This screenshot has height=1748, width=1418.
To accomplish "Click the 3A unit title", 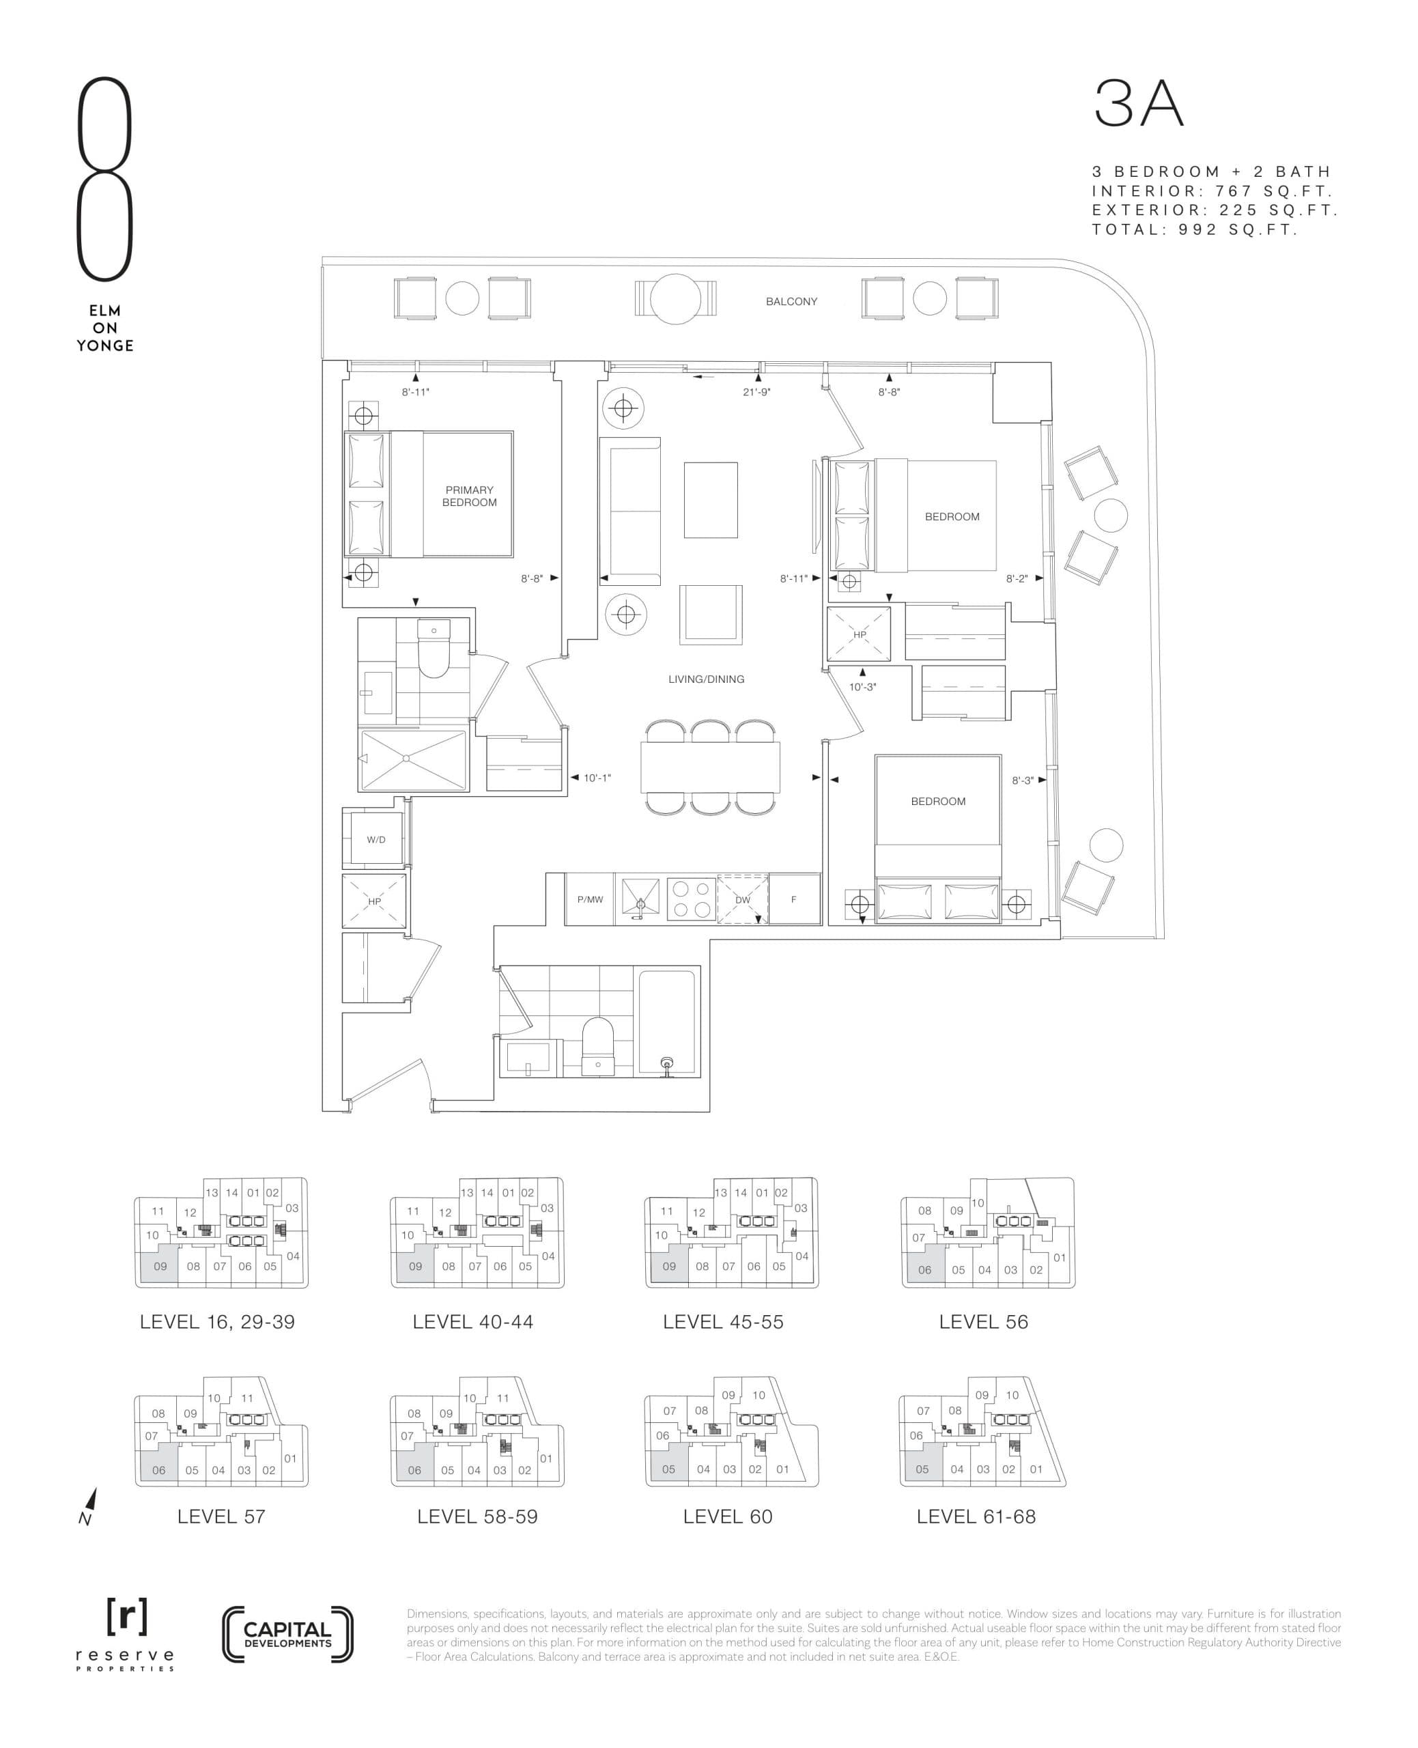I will pyautogui.click(x=1139, y=104).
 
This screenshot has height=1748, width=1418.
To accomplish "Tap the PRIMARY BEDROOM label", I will pyautogui.click(x=469, y=496).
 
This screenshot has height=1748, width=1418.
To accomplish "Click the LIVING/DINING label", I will pyautogui.click(x=706, y=679).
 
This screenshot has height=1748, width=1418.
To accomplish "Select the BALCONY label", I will pyautogui.click(x=791, y=301).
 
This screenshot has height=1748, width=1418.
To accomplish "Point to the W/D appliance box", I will pyautogui.click(x=375, y=840).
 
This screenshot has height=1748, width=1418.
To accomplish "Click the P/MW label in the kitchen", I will pyautogui.click(x=590, y=899).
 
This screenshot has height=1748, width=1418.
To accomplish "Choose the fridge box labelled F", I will pyautogui.click(x=794, y=899).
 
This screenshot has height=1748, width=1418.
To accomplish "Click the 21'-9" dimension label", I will pyautogui.click(x=756, y=392).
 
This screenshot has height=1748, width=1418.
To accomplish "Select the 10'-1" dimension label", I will pyautogui.click(x=597, y=778).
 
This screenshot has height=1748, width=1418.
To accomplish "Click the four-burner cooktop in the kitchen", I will pyautogui.click(x=691, y=899).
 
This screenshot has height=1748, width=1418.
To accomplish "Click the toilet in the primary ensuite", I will pyautogui.click(x=433, y=649).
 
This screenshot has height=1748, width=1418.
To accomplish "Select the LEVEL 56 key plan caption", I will pyautogui.click(x=982, y=1322).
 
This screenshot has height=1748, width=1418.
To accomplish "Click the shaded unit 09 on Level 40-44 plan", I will pyautogui.click(x=415, y=1266).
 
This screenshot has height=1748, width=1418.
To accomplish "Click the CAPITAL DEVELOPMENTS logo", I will pyautogui.click(x=287, y=1635).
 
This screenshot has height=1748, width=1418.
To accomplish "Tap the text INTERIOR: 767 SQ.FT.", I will pyautogui.click(x=1213, y=191).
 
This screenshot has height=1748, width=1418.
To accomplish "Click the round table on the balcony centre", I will pyautogui.click(x=675, y=298).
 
